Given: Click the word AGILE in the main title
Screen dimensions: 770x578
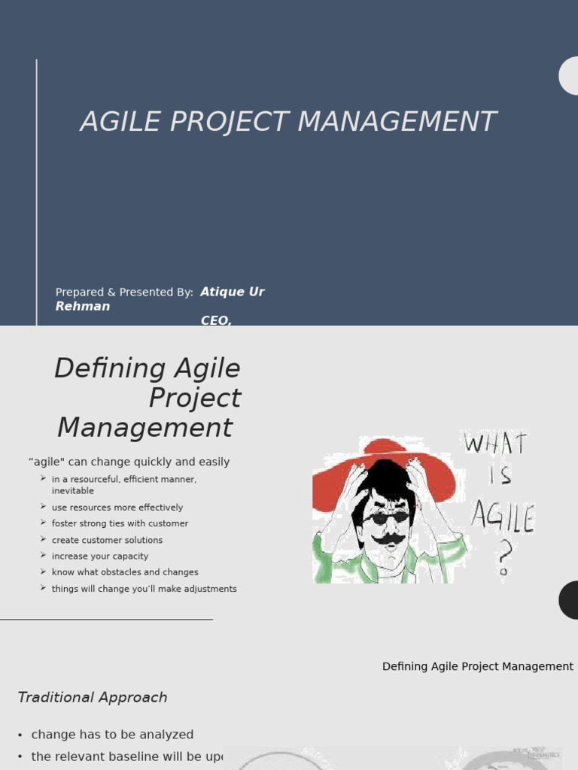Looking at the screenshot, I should pyautogui.click(x=121, y=121).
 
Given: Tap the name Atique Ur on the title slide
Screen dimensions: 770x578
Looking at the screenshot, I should pyautogui.click(x=232, y=292).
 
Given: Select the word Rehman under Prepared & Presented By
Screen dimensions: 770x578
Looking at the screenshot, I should pyautogui.click(x=83, y=306).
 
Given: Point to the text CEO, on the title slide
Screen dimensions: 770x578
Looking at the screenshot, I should pyautogui.click(x=216, y=321).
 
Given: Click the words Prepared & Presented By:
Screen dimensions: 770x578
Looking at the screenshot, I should pyautogui.click(x=124, y=293).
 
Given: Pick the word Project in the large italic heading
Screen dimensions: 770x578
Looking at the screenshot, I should pyautogui.click(x=194, y=398).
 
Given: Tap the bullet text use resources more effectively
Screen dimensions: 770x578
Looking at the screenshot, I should pyautogui.click(x=117, y=508).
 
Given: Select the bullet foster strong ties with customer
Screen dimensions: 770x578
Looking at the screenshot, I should pyautogui.click(x=120, y=523).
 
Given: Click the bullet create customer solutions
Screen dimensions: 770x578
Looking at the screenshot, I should pyautogui.click(x=107, y=540).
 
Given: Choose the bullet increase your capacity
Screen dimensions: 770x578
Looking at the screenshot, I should pyautogui.click(x=100, y=556).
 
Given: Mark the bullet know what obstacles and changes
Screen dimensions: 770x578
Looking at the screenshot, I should pyautogui.click(x=125, y=572).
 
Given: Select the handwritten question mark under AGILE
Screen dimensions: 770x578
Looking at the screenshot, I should pyautogui.click(x=503, y=559).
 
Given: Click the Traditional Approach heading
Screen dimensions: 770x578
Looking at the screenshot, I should pyautogui.click(x=93, y=698).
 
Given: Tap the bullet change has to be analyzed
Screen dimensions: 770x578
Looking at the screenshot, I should pyautogui.click(x=112, y=735).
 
